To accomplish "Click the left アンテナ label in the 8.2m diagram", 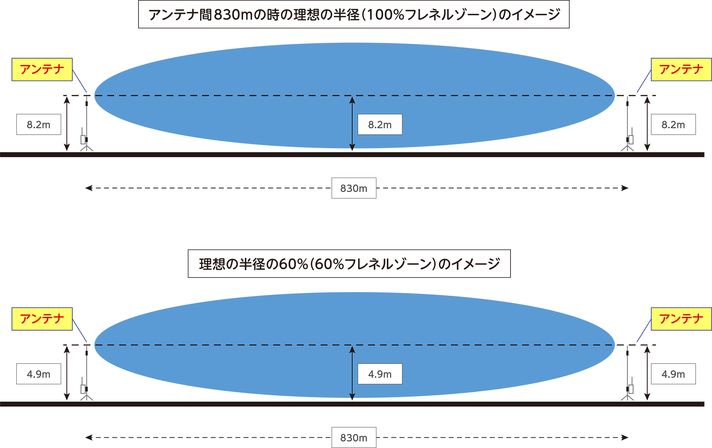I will (42, 69).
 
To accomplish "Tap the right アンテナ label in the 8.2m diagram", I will (681, 69).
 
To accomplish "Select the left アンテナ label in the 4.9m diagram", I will (42, 319).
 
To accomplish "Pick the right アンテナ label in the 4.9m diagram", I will (681, 319).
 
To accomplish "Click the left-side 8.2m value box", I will (38, 125).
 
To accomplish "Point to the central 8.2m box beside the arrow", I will (380, 125).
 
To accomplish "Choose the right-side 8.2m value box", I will (673, 125).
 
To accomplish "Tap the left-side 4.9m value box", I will (38, 374).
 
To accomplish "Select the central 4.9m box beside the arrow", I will (380, 374).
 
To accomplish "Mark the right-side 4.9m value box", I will (673, 374).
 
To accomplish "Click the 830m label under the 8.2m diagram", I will (354, 188).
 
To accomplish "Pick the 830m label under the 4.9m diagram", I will (354, 438).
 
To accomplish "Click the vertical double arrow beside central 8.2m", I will (352, 123).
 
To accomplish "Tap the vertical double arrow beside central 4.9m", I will (352, 372).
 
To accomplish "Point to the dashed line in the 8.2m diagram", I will (214, 95).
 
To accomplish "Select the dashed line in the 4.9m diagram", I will (214, 345).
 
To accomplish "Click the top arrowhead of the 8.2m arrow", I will (352, 100).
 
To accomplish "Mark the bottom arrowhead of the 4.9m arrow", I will (352, 396).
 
